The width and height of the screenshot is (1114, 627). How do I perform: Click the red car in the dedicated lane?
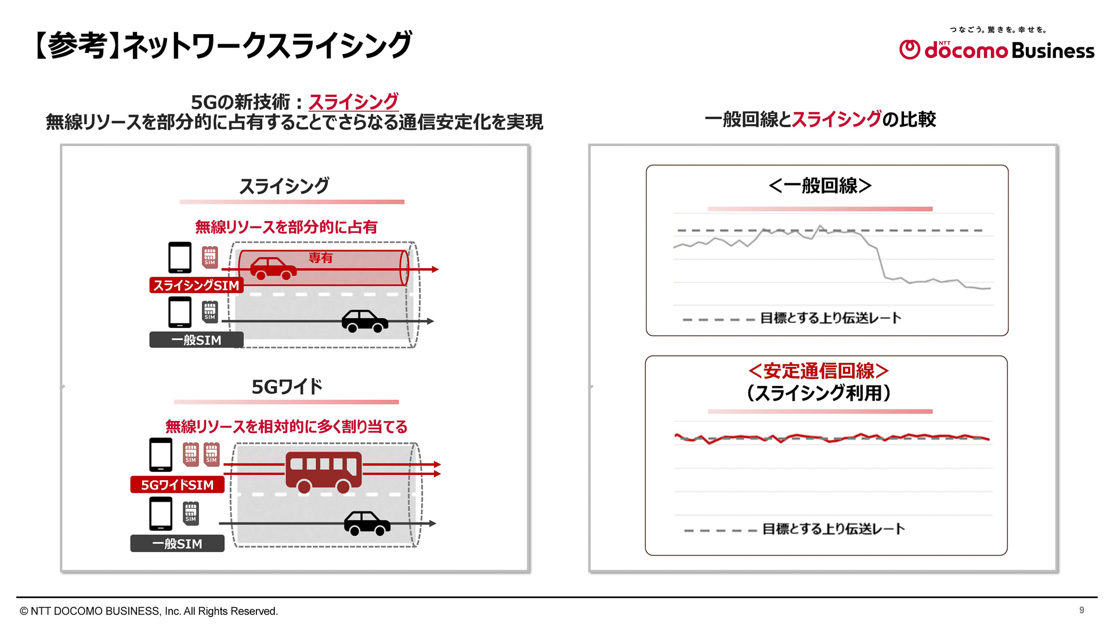pos(273,268)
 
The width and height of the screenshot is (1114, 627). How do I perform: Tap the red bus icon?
pos(323,471)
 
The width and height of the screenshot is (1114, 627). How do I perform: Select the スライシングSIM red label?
pos(196,285)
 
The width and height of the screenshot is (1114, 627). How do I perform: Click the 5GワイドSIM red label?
pos(177,485)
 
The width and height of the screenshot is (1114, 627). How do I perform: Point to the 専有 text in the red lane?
pos(320,257)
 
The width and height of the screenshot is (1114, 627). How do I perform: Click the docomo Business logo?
pos(996,50)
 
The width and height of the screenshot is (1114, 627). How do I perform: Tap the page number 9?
pos(1082,610)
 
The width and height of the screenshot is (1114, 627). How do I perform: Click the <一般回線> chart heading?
pos(820,186)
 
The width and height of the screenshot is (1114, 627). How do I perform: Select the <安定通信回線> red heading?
pos(819,370)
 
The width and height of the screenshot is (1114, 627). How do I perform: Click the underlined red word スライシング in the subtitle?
pos(353,102)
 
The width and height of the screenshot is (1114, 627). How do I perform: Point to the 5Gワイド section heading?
pos(287,387)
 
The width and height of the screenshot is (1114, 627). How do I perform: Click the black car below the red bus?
pos(367,522)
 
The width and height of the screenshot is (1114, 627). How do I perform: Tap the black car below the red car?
pos(364,320)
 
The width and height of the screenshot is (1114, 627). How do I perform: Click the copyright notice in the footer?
pos(149,611)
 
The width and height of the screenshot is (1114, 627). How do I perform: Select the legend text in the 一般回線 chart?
pos(830,318)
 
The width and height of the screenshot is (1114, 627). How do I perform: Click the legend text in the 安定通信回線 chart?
pos(833,529)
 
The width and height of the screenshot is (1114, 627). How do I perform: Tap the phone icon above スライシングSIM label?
pos(180,257)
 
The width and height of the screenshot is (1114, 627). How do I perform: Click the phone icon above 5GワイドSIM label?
pos(161,454)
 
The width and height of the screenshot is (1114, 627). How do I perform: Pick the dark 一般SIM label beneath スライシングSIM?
pos(196,340)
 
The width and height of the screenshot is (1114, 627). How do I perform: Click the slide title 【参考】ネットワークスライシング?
pos(223,45)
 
